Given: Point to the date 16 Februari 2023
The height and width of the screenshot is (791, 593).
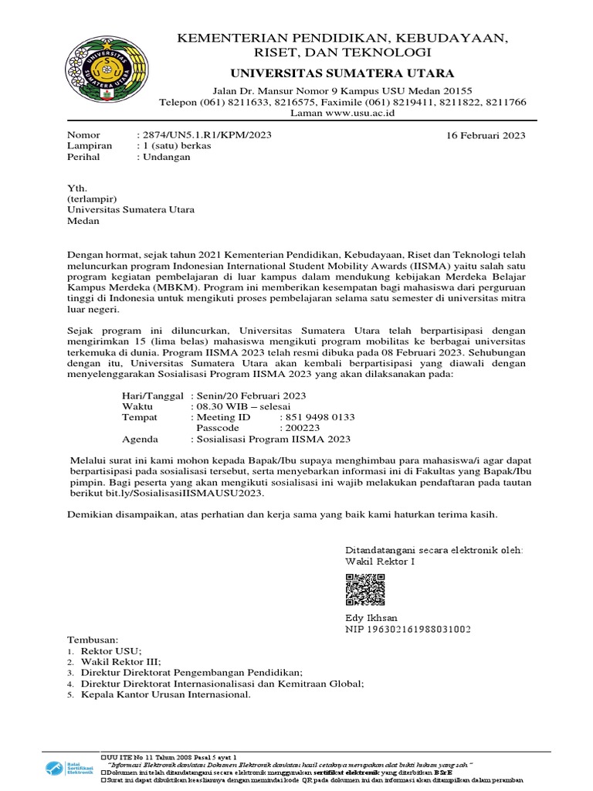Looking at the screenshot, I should pos(486,135).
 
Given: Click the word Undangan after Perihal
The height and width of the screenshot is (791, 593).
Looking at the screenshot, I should pos(166,157).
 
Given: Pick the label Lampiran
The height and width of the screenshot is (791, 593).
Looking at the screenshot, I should pos(90,145).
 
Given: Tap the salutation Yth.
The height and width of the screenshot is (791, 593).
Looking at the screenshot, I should pos(77,188).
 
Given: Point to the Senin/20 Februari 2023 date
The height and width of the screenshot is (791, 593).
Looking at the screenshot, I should pos(251,395).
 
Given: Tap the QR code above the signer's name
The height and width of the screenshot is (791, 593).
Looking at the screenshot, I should pos(365,591).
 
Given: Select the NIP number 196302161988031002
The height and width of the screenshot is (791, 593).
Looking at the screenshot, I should pos(408,629).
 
